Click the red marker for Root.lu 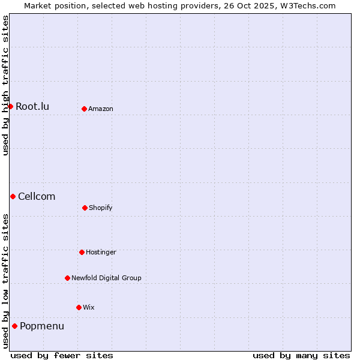coord(10,106)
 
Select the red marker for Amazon coord(84,109)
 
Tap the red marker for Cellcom coord(13,196)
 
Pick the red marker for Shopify coord(85,208)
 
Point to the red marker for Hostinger coord(82,252)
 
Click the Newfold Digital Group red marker coord(67,278)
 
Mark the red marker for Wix coord(79,307)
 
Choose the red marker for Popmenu coord(14,326)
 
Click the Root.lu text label coord(32,107)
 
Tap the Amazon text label coord(101,109)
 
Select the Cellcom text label coord(37,197)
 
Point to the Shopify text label coord(101,208)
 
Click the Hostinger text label coord(101,253)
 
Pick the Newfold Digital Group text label coord(106,278)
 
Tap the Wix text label coord(89,308)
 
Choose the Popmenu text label coord(42,326)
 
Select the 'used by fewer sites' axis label coord(62,355)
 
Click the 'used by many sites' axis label coord(301,355)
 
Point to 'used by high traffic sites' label coord(6,85)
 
